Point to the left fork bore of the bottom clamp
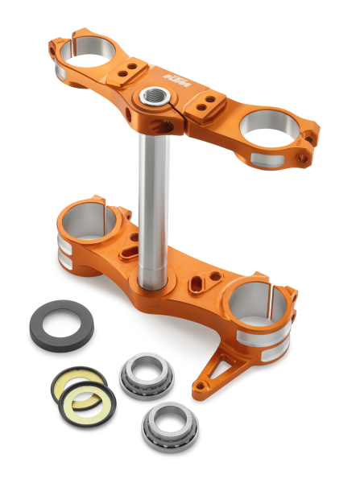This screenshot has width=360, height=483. [90, 219]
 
